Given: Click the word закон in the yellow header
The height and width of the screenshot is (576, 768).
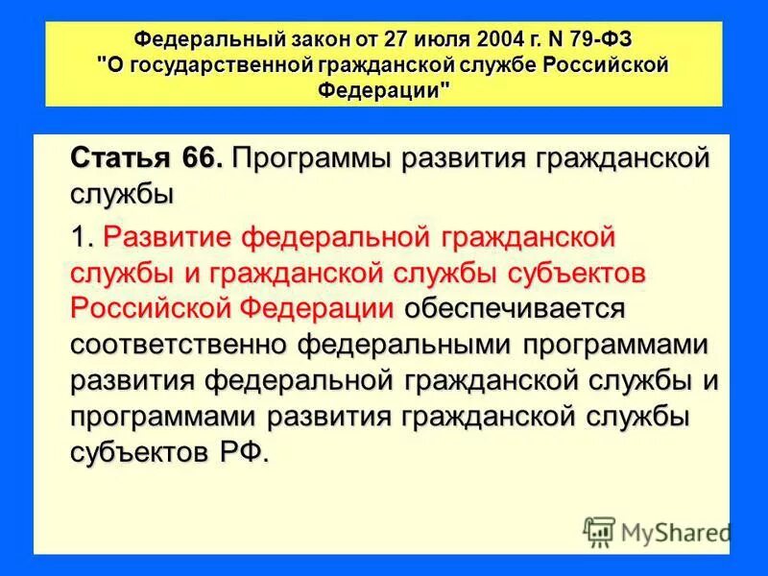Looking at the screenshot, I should (x=319, y=41).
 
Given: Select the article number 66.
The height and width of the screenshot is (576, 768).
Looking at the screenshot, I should (x=201, y=159).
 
